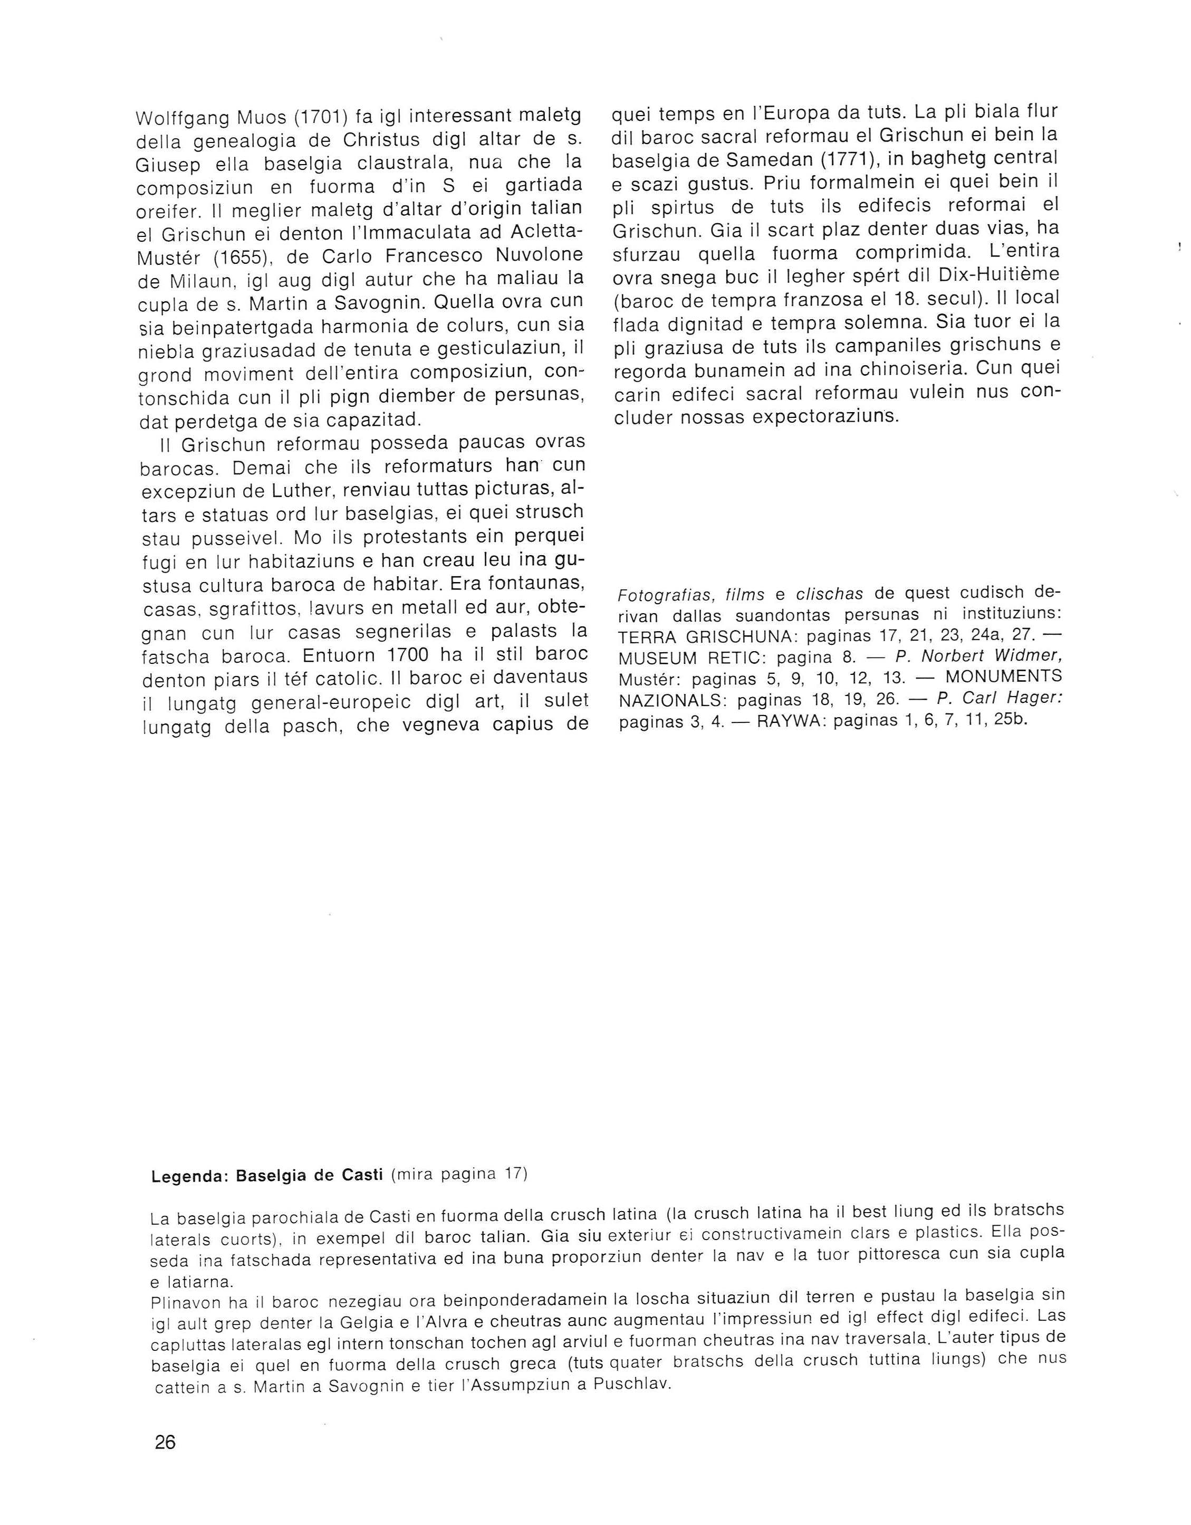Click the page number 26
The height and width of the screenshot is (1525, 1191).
click(x=166, y=1443)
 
